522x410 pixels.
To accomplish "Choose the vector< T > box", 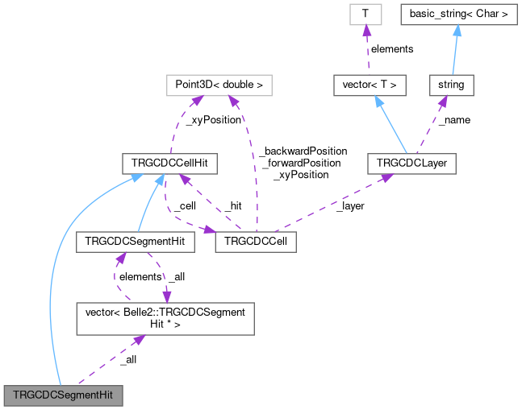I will pyautogui.click(x=370, y=83).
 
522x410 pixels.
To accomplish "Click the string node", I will pyautogui.click(x=451, y=83).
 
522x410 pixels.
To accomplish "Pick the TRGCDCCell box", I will pyautogui.click(x=256, y=241).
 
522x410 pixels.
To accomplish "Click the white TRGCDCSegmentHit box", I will pyautogui.click(x=134, y=241).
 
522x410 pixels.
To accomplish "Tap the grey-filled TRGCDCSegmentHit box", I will pyautogui.click(x=64, y=396).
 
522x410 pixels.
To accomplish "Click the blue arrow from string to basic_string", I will pyautogui.click(x=455, y=49).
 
